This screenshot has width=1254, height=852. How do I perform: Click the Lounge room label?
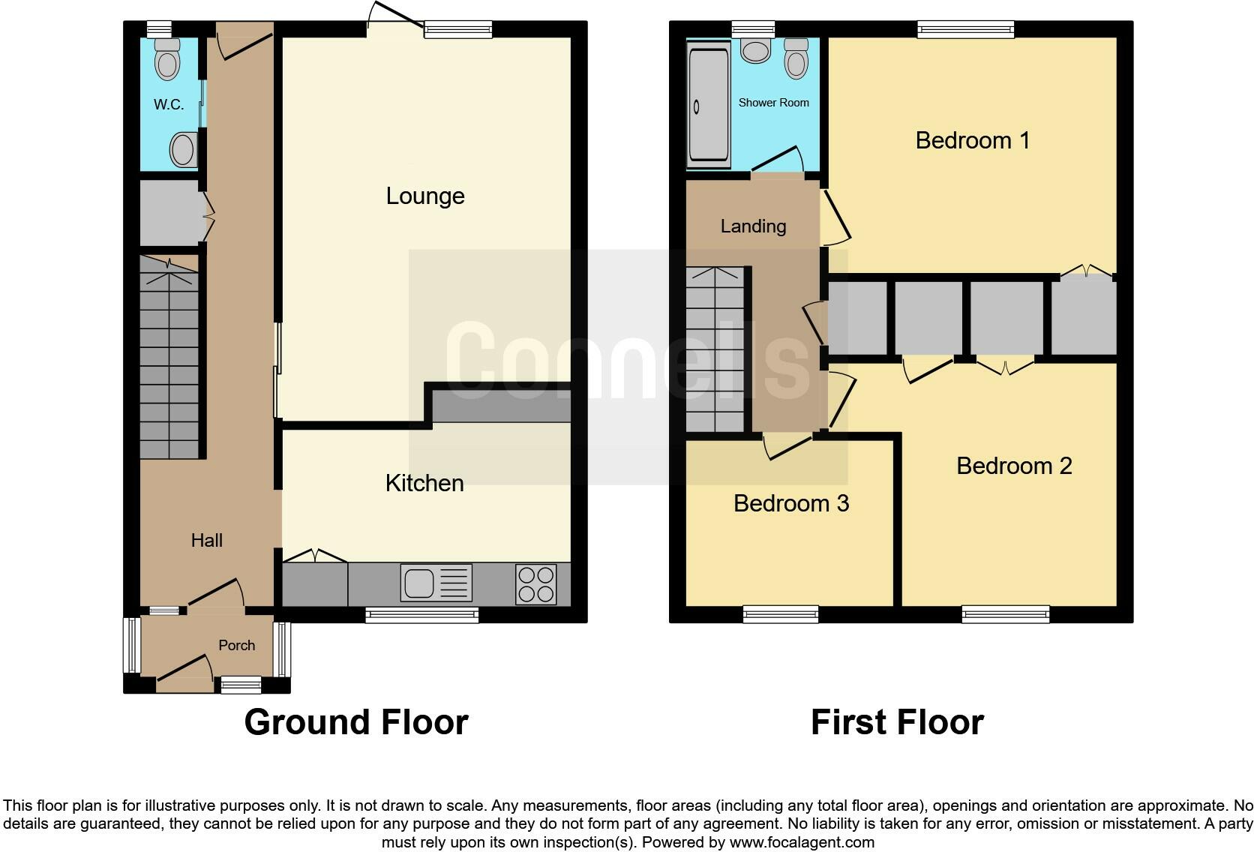tap(425, 196)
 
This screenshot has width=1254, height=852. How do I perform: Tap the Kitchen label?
tap(425, 483)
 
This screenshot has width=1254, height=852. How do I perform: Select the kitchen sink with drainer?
tap(436, 583)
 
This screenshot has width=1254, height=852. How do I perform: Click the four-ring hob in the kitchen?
tap(536, 584)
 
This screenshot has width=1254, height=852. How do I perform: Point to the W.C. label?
tap(169, 104)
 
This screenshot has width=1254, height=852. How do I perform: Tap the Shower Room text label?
tap(774, 103)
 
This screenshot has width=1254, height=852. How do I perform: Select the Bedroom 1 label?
tap(973, 140)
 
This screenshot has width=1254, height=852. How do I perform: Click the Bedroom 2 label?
tap(1015, 466)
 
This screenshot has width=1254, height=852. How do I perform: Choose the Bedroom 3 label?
tap(791, 503)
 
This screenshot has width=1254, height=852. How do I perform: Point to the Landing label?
tap(754, 226)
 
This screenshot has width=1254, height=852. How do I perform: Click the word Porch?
tap(237, 646)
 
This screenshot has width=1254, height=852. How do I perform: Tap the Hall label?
tap(206, 540)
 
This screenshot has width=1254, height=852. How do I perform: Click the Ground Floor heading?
tap(356, 722)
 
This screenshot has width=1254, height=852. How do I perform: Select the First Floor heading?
tap(898, 722)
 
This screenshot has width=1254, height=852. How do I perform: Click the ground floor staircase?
tap(169, 357)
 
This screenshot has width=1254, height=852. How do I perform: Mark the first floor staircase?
tap(715, 349)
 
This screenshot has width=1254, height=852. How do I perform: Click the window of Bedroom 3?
tap(781, 614)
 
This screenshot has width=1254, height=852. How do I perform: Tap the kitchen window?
tap(422, 615)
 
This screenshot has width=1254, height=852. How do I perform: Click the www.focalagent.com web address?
tap(802, 842)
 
